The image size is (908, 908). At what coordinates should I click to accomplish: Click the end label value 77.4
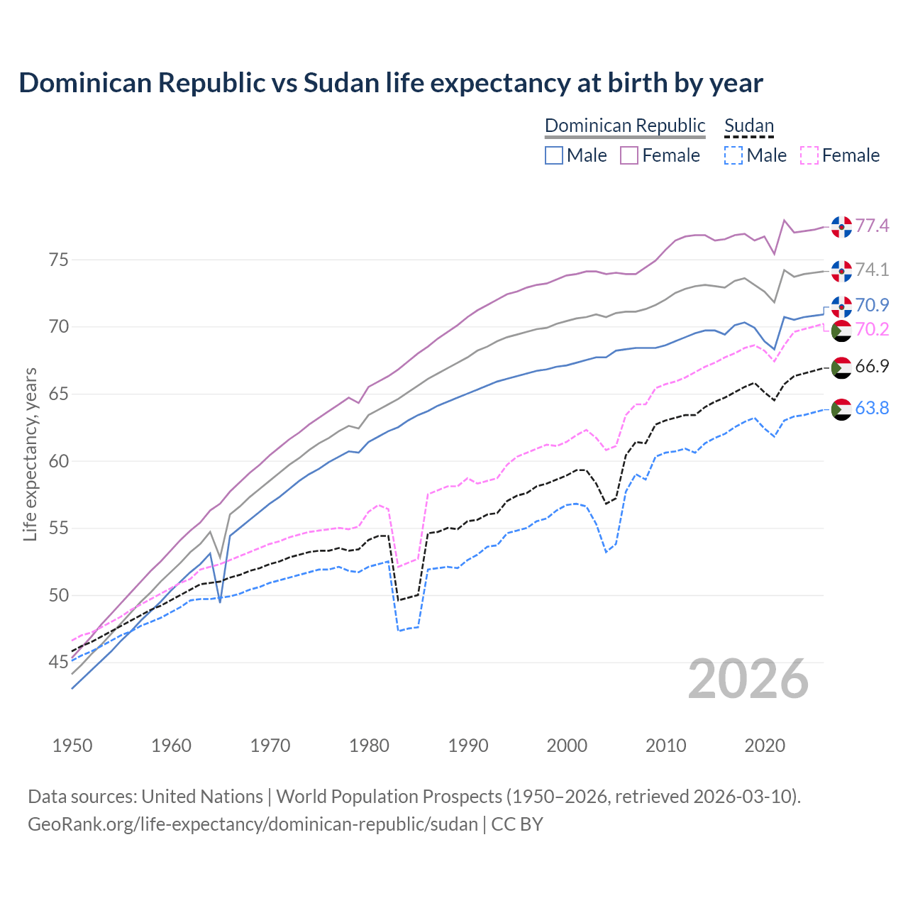coord(872,226)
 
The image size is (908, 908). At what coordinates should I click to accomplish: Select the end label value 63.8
coord(872,408)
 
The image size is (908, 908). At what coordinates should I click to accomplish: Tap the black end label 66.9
coord(872,366)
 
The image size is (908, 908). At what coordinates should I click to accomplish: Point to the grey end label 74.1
coord(872,270)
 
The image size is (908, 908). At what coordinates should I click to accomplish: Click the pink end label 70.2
coord(872,329)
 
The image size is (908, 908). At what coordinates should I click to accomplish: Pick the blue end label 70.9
coord(872,305)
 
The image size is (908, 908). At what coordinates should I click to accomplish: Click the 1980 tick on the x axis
coord(370,746)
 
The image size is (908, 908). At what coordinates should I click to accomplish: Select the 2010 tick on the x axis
coord(666,746)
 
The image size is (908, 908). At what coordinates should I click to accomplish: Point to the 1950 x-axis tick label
coord(72,746)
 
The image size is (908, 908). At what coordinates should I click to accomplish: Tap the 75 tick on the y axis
coord(58,260)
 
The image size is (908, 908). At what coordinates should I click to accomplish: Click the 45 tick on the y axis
coord(58,663)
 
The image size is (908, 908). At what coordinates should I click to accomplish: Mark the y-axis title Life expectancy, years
coord(30,454)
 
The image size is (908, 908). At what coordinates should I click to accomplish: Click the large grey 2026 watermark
coord(748,679)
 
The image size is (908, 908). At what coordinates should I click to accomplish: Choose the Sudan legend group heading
coord(749,126)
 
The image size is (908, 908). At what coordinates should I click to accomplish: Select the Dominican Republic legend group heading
coord(625,126)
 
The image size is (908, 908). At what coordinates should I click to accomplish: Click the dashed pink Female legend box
coord(809,155)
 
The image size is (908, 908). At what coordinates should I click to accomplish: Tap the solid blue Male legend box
coord(554,155)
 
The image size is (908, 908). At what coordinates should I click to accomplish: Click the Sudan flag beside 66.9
coord(841,367)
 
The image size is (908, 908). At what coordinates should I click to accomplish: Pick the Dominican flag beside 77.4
coord(841,227)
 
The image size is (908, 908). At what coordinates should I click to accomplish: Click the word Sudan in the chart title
coord(342,83)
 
